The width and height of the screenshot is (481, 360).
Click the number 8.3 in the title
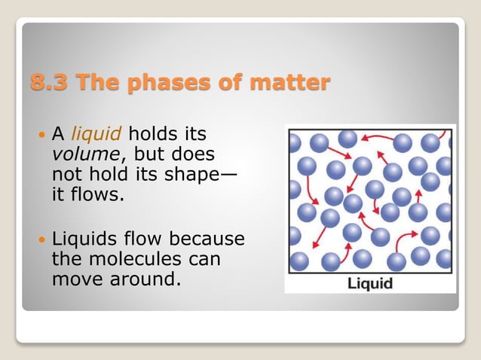click(47, 82)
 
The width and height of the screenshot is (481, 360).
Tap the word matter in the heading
click(293, 82)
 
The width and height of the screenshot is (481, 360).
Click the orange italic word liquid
click(97, 135)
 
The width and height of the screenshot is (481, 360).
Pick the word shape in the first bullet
click(198, 173)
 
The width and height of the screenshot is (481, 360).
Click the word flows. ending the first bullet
click(97, 193)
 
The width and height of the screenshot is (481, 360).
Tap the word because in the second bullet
click(207, 240)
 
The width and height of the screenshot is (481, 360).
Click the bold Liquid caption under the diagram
click(369, 284)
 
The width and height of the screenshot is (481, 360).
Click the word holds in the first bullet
click(154, 135)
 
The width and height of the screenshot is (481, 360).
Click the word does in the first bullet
click(195, 154)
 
